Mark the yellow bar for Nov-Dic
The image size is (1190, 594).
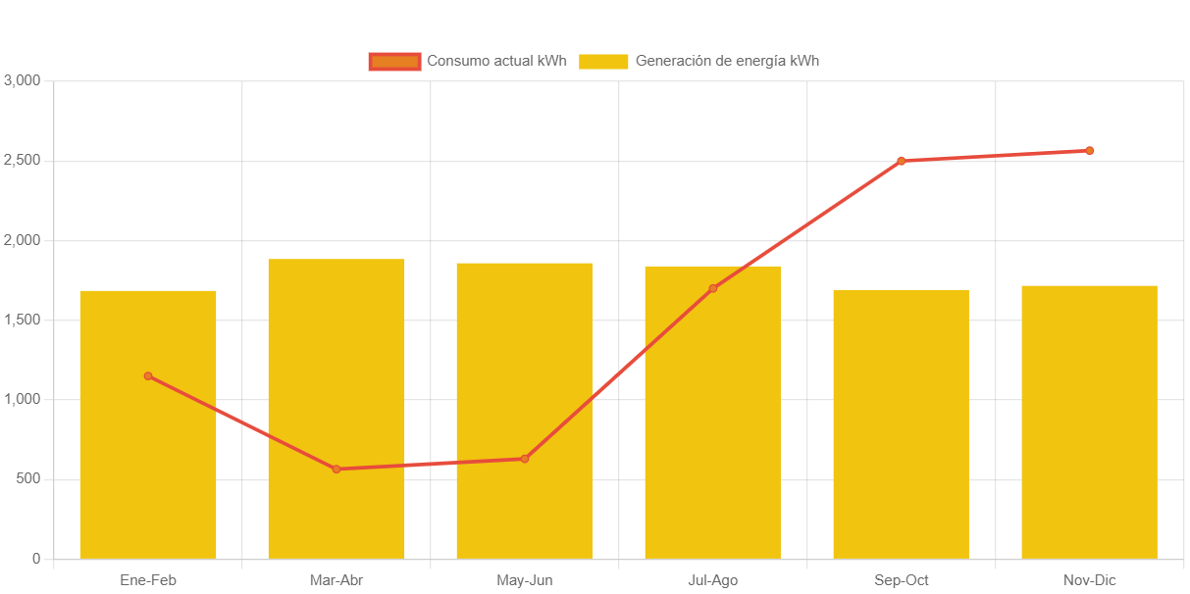1089,421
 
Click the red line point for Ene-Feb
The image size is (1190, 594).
148,375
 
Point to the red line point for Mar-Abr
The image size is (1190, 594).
336,469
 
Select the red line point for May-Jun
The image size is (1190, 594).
525,459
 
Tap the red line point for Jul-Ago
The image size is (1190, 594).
712,288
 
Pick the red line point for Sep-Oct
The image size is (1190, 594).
901,161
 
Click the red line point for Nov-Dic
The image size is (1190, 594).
1089,151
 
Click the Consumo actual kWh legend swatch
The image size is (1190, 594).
394,61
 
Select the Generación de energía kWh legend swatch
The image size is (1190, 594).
603,61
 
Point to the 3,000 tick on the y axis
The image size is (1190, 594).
22,79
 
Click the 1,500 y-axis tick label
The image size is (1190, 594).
22,320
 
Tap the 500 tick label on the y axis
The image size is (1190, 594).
27,478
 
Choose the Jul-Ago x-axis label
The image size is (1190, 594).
712,580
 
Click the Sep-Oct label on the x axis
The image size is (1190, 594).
901,580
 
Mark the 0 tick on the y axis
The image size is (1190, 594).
36,559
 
